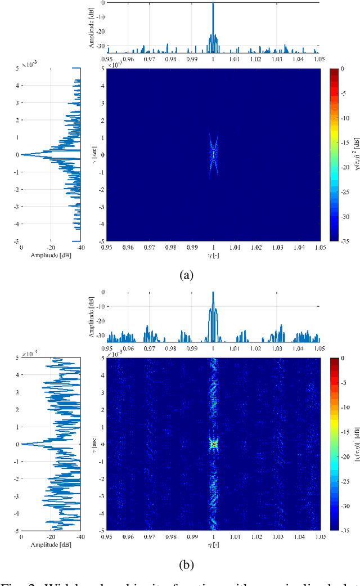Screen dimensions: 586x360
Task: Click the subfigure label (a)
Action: point(186,275)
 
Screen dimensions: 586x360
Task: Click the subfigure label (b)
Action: point(186,563)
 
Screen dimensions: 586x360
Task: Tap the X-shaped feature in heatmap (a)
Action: point(213,154)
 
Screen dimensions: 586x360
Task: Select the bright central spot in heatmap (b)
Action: point(213,444)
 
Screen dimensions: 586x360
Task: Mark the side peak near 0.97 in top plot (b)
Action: point(148,326)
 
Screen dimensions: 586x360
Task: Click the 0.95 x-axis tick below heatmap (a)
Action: point(106,247)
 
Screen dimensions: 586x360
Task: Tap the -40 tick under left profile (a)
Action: point(80,247)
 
